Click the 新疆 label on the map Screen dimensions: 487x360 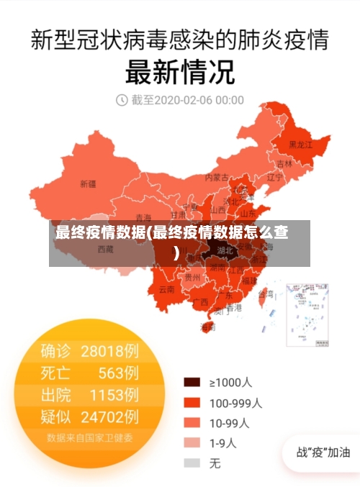[87, 183]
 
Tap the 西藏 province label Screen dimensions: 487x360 [106, 250]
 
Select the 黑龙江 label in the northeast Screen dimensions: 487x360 [301, 145]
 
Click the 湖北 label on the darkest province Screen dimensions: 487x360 [225, 251]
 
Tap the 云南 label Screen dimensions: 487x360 [166, 290]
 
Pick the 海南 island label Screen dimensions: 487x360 [207, 327]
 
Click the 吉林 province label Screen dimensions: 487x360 [285, 163]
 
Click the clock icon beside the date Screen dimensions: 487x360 [122, 99]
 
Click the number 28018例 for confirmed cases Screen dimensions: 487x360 [109, 351]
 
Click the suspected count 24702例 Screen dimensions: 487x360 [109, 416]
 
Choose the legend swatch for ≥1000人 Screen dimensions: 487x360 [192, 382]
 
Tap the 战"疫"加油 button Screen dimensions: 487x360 [323, 452]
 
